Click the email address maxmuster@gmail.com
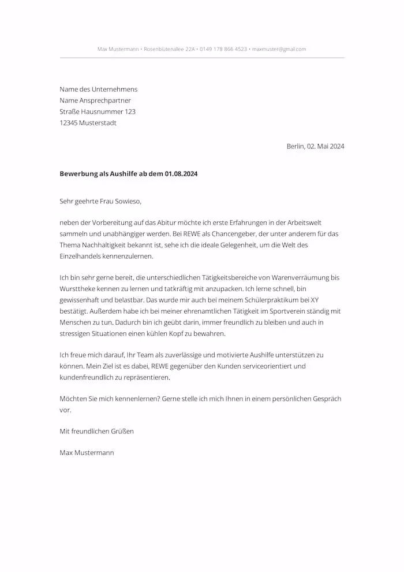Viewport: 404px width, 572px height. pos(279,49)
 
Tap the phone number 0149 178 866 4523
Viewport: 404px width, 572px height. pos(223,49)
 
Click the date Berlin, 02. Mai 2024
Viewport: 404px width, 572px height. pos(315,146)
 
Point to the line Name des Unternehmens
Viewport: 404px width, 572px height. pos(98,90)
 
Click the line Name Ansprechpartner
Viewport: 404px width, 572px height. pos(95,101)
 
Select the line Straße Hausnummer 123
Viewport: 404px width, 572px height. pos(98,112)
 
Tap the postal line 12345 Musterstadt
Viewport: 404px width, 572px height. pos(88,122)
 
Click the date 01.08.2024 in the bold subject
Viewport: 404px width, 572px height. pos(181,174)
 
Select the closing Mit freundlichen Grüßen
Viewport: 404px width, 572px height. pos(96,431)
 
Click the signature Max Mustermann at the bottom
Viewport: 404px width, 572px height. pos(87,453)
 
